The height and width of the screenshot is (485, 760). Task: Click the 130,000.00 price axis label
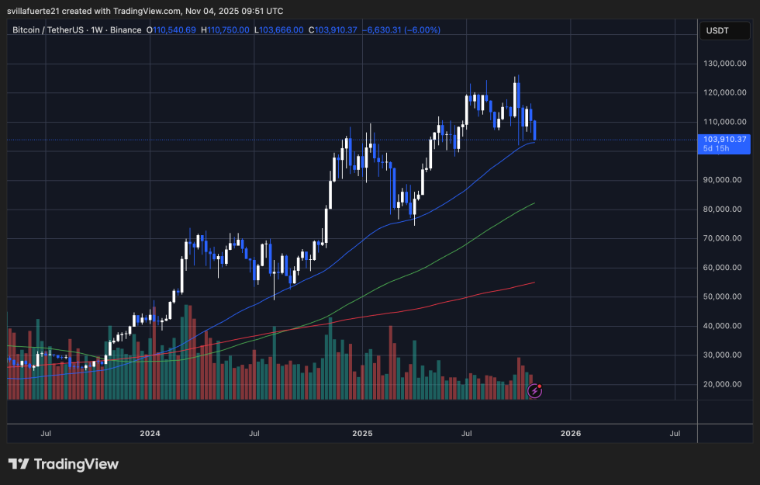(x=724, y=64)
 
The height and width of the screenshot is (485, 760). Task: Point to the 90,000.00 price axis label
(x=725, y=180)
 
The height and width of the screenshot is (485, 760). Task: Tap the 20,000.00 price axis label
(x=725, y=384)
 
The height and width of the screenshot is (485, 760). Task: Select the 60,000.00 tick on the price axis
(x=725, y=268)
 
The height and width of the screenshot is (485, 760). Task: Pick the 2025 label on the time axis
(x=363, y=434)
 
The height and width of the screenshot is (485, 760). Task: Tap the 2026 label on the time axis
(x=570, y=434)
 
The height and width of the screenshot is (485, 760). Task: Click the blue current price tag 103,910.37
(x=724, y=139)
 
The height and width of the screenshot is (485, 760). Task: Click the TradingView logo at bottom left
(x=64, y=464)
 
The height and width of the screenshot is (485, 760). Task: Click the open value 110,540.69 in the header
(x=174, y=30)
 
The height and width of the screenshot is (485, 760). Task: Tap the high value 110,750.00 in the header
(x=229, y=30)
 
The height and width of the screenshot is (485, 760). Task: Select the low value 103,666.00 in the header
(x=283, y=30)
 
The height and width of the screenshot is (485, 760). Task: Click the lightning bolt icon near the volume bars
(x=534, y=392)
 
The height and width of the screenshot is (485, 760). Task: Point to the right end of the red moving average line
(x=534, y=282)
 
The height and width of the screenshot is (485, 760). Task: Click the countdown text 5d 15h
(x=714, y=149)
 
